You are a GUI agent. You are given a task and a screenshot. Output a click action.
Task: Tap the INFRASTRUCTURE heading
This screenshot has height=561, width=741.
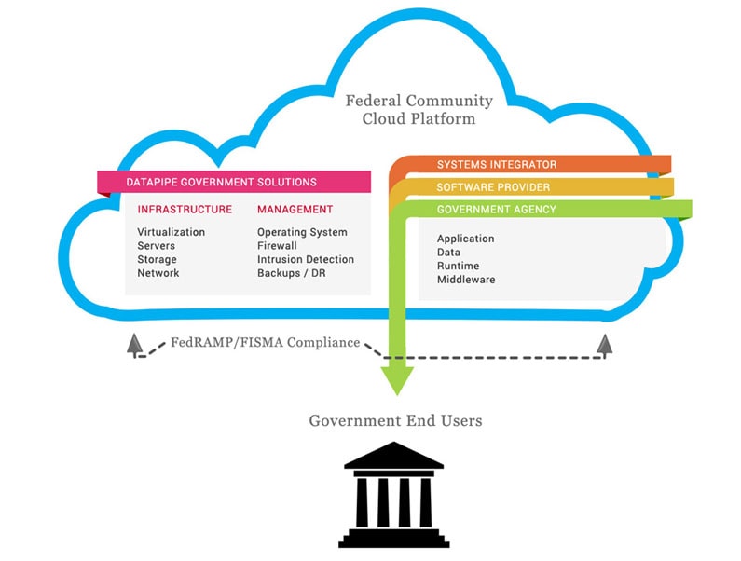point(185,210)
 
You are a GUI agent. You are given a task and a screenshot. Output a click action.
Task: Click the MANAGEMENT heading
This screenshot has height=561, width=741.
point(295,210)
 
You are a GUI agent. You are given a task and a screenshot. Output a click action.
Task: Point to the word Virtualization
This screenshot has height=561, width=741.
point(171,232)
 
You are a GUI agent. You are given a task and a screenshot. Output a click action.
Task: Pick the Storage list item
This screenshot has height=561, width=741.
point(157,259)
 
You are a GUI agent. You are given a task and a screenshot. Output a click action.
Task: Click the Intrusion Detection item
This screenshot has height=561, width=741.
point(306,259)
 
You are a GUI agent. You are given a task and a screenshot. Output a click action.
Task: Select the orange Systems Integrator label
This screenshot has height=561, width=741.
point(497,165)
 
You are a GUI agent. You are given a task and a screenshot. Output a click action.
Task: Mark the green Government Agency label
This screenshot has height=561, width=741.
point(497,210)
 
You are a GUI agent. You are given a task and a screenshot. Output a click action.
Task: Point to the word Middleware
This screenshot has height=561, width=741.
point(466,280)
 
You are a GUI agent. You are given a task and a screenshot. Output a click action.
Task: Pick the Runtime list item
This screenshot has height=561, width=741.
point(457,266)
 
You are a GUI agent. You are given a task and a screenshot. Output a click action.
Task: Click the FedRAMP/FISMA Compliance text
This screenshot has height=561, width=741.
point(266,343)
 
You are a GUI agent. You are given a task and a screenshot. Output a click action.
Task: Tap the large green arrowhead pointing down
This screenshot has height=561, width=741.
point(397,376)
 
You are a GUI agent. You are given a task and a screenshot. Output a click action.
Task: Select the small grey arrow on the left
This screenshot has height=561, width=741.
point(135,345)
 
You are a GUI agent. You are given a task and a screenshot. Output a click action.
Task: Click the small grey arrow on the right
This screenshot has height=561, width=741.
point(606,345)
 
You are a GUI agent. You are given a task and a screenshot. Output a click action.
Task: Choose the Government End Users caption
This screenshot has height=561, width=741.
point(396,421)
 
